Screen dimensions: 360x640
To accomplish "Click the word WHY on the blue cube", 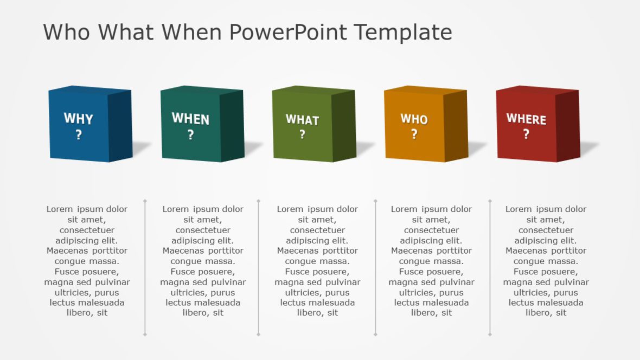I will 78,118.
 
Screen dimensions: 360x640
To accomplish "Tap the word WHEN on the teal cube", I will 190,119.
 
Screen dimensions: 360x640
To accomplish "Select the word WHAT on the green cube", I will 302,120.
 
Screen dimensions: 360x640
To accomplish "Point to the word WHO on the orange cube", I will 414,119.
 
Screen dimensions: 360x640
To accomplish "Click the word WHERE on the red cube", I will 526,119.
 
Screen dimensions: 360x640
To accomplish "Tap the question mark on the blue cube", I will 79,135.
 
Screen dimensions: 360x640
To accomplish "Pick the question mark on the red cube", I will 526,134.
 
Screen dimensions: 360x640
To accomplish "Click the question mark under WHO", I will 414,134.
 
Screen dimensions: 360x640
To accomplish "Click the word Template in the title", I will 403,32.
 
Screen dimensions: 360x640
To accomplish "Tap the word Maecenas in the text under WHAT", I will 297,251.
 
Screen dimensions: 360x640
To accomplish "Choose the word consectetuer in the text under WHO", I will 432,230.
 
